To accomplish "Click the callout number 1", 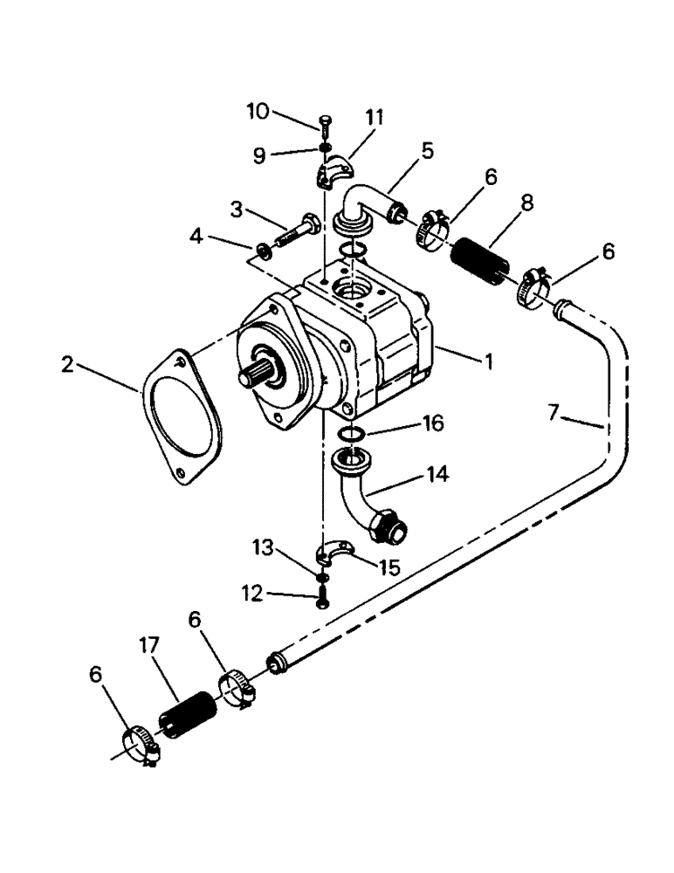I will coord(490,360).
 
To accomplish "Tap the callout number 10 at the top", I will coord(258,111).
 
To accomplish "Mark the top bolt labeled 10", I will coord(324,125).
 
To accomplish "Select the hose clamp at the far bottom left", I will coord(140,745).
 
